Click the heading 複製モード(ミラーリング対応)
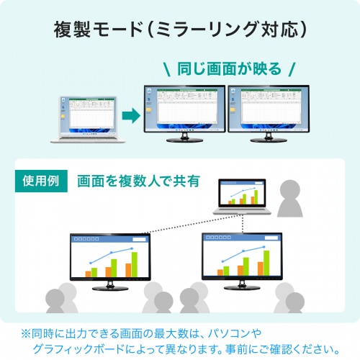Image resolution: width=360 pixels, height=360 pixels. (181, 30)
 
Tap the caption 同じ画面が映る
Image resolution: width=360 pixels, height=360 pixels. (228, 70)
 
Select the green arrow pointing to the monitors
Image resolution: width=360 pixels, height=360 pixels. (130, 115)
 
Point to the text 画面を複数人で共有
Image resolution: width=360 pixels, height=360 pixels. (138, 181)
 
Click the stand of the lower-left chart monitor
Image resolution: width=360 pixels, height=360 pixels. (109, 287)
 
